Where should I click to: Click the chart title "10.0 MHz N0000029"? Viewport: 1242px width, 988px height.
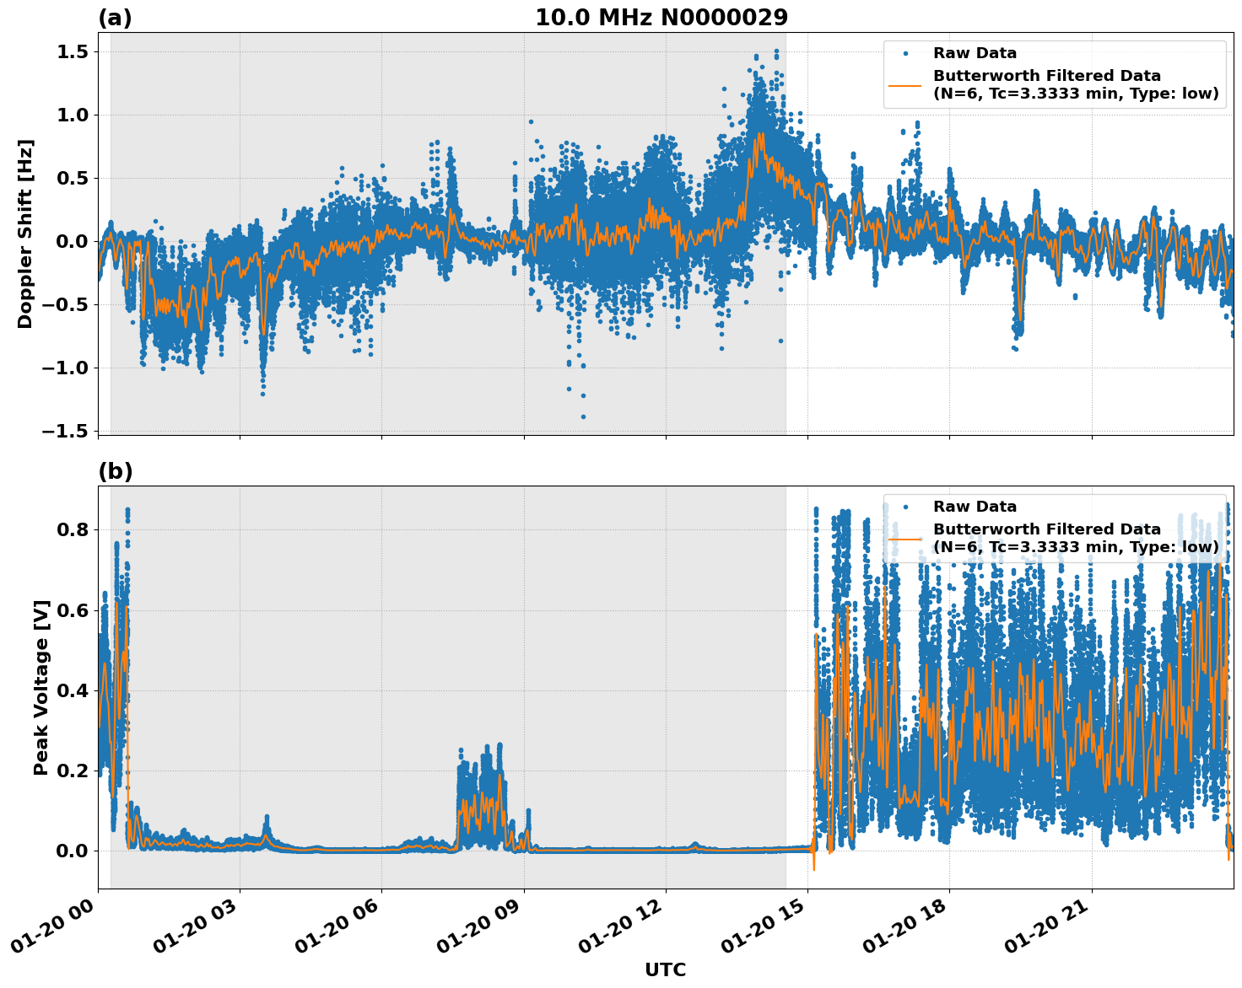661,18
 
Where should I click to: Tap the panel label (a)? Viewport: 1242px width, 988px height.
115,18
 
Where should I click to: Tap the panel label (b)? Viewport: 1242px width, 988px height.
116,471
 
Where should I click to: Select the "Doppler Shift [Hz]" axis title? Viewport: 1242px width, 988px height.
25,234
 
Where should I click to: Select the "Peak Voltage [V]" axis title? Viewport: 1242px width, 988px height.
41,687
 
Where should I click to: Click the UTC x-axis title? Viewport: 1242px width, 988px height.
665,969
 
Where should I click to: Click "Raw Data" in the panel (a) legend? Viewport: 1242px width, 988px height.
975,53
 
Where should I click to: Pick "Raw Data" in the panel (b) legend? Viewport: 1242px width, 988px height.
975,507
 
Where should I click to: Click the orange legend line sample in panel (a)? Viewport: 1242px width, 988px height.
905,84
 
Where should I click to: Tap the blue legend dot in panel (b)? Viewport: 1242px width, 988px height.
905,507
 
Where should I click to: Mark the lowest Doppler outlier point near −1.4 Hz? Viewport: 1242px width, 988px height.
583,416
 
